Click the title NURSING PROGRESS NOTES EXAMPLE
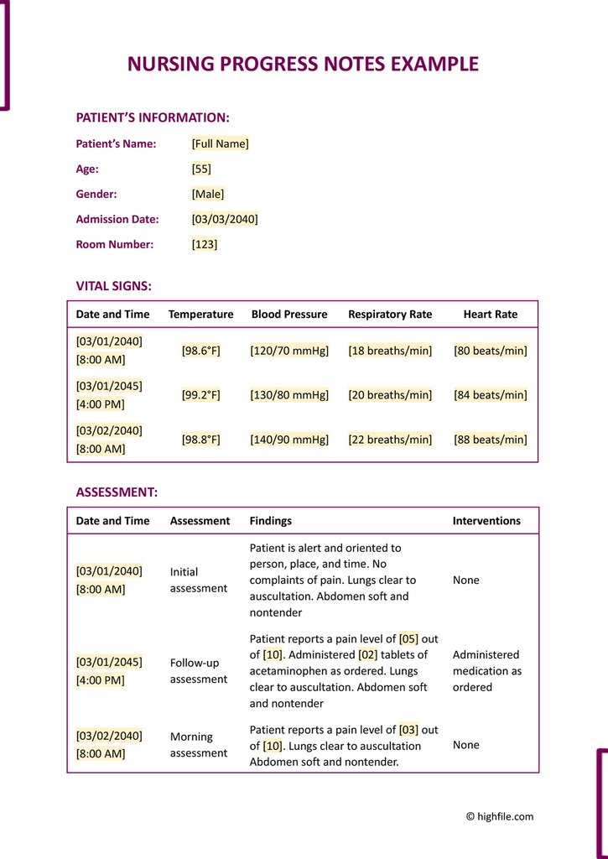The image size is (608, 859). point(303,65)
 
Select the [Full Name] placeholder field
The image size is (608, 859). point(220,143)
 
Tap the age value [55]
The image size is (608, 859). point(201,169)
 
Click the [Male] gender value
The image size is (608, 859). point(208,194)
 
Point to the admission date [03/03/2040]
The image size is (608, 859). point(225,219)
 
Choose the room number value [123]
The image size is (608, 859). point(205,244)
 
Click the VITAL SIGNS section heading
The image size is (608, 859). point(114,286)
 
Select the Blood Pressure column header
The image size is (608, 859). point(289,315)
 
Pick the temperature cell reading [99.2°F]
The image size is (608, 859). point(201,395)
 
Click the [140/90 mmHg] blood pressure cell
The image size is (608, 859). point(289,440)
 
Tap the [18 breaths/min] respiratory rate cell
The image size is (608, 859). point(390,351)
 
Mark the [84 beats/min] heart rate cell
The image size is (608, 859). point(491,395)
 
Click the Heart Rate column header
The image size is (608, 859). point(491,315)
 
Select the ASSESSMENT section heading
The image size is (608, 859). point(117,492)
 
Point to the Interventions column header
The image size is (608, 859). point(486,521)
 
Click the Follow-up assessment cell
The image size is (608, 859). point(199,671)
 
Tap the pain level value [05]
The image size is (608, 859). point(408,638)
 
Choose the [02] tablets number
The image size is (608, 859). point(367,654)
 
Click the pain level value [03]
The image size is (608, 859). point(408,730)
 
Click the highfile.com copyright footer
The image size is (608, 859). point(500,816)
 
